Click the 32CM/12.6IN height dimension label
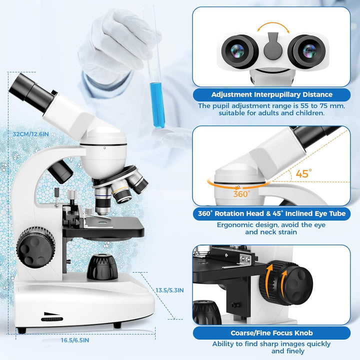31,134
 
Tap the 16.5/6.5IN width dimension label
75,340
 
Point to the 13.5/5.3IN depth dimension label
169,290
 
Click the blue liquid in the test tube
157,105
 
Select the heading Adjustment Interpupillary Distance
272,94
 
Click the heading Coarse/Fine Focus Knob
271,333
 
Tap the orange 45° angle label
304,173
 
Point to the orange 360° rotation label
241,194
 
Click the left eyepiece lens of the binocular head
237,51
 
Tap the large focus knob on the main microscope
36,247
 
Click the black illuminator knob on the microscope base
102,267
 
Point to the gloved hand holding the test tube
117,43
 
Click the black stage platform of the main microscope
103,227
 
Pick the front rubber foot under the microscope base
117,325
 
